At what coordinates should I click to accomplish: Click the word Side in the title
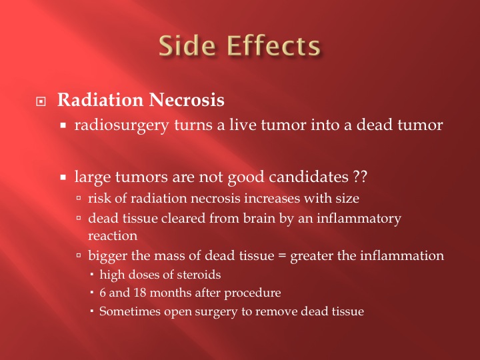(187, 46)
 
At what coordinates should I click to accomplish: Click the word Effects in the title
(273, 46)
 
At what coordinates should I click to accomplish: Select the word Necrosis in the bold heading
(187, 100)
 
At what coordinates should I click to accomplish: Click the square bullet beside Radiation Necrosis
(41, 101)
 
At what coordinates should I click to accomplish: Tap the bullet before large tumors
(63, 177)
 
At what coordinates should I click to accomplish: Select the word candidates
(309, 177)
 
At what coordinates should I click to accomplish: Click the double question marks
(360, 177)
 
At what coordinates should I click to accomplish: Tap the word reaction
(113, 236)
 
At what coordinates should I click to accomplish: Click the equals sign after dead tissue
(282, 256)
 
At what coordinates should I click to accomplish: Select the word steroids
(199, 275)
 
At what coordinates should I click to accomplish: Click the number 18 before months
(140, 293)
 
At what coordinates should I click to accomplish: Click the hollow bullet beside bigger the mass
(79, 255)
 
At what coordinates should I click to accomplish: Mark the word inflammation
(402, 255)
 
